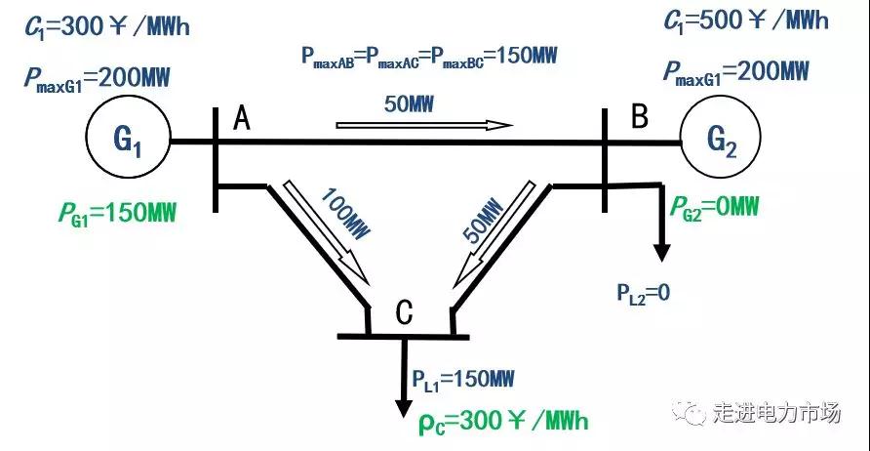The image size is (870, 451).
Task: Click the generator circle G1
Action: click(129, 142)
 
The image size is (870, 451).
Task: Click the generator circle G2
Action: click(722, 142)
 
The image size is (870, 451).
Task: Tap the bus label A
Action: click(242, 118)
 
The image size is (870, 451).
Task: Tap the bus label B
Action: click(640, 118)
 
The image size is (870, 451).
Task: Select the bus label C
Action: click(406, 313)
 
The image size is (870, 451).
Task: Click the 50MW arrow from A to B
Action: click(424, 125)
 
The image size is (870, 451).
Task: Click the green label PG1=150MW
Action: click(118, 211)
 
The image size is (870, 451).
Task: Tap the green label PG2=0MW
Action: click(714, 206)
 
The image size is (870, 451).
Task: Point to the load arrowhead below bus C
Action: click(402, 407)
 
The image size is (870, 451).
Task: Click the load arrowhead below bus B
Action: click(662, 251)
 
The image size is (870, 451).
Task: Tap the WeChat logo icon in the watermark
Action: click(696, 414)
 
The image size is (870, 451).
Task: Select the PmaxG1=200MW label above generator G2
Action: click(736, 70)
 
